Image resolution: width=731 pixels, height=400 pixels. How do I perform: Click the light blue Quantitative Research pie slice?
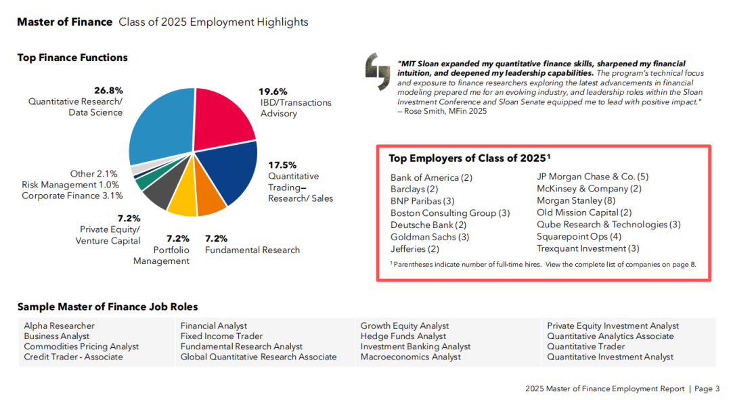[x=161, y=126]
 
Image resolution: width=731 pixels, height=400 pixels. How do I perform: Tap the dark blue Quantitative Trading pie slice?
[x=231, y=170]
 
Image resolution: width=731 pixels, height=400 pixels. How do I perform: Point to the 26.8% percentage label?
[x=108, y=91]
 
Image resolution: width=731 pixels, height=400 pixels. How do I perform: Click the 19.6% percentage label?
[x=273, y=91]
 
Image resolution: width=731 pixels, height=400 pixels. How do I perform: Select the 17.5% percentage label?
[x=282, y=165]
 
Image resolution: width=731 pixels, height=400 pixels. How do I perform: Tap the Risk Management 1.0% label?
[x=70, y=185]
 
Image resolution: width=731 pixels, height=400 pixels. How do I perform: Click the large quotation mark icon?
[x=378, y=71]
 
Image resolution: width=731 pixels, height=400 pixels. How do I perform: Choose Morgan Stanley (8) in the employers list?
[x=576, y=200]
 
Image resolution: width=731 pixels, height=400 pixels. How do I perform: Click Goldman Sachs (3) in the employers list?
[x=430, y=237]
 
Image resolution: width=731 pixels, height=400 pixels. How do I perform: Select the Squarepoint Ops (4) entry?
[x=579, y=236]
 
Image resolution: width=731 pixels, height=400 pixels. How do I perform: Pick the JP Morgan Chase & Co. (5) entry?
[x=592, y=177]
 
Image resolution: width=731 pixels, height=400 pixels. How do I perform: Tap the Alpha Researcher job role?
[x=59, y=326]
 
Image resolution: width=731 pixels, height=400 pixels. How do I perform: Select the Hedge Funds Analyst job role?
[x=403, y=336]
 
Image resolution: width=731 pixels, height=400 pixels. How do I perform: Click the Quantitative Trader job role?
[x=586, y=347]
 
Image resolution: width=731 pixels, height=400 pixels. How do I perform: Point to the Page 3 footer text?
[x=707, y=388]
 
